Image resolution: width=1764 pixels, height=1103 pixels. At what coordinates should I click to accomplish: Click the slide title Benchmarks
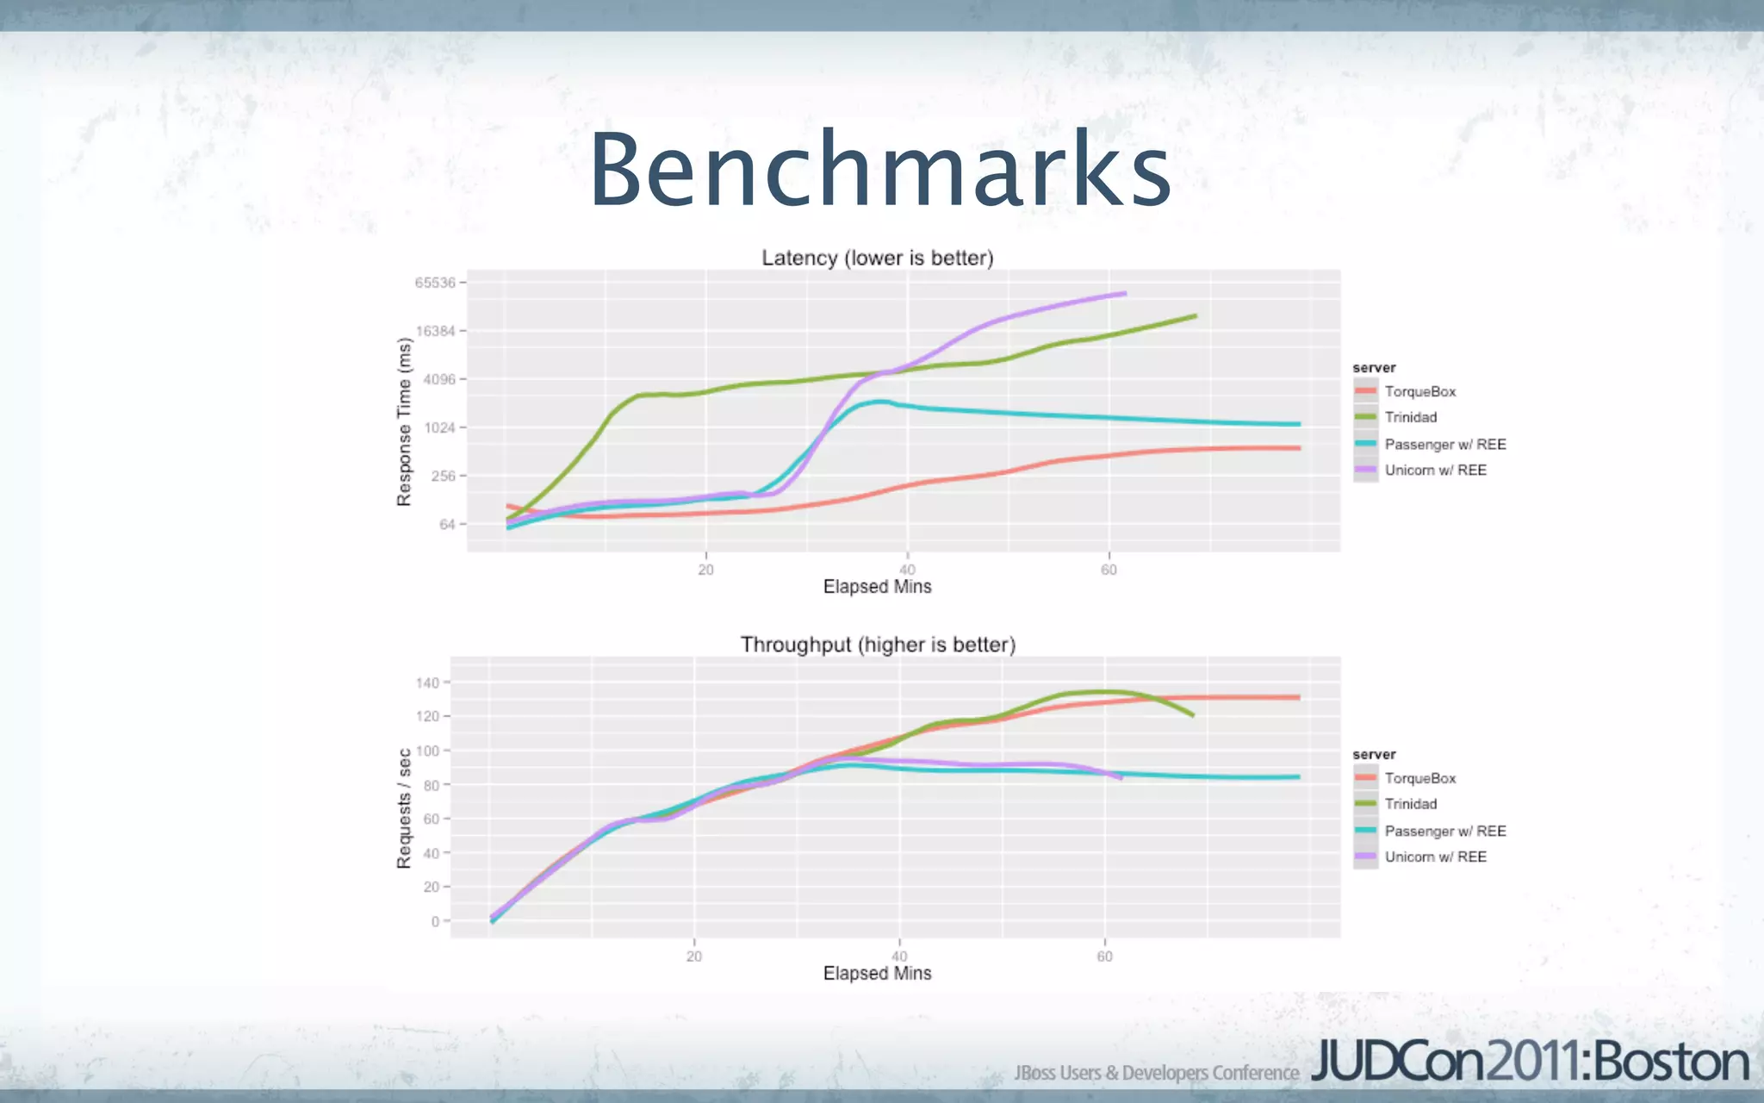879,170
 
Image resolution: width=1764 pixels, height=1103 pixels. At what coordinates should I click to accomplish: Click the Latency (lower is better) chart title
877,258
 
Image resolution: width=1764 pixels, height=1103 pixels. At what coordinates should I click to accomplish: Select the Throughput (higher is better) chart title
878,645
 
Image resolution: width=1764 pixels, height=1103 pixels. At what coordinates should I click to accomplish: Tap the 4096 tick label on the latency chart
439,379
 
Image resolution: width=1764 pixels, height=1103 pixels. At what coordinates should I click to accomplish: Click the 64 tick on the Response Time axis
447,524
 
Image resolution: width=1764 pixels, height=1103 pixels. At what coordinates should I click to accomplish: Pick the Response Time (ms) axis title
404,421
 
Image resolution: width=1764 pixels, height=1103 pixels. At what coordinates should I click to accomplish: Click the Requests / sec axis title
404,808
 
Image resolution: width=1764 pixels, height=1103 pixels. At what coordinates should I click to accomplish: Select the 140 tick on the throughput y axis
428,682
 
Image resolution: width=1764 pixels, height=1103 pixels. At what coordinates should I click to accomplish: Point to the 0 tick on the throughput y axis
435,921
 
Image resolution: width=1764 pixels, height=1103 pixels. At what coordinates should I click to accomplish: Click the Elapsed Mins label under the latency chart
877,587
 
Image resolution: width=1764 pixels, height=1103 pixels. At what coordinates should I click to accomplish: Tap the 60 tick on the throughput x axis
1104,957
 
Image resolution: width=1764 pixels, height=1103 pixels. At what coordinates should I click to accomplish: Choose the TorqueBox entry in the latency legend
1419,391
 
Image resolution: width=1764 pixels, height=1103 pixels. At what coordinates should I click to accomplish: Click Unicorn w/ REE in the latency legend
1435,470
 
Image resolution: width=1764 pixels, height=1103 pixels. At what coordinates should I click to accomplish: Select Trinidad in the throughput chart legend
1410,804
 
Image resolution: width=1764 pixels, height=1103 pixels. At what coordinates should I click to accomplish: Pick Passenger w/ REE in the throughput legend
1444,831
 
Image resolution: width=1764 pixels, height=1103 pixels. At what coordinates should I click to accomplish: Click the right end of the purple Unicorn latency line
1124,294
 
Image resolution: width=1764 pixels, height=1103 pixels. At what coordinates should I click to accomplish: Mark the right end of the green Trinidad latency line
1195,316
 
